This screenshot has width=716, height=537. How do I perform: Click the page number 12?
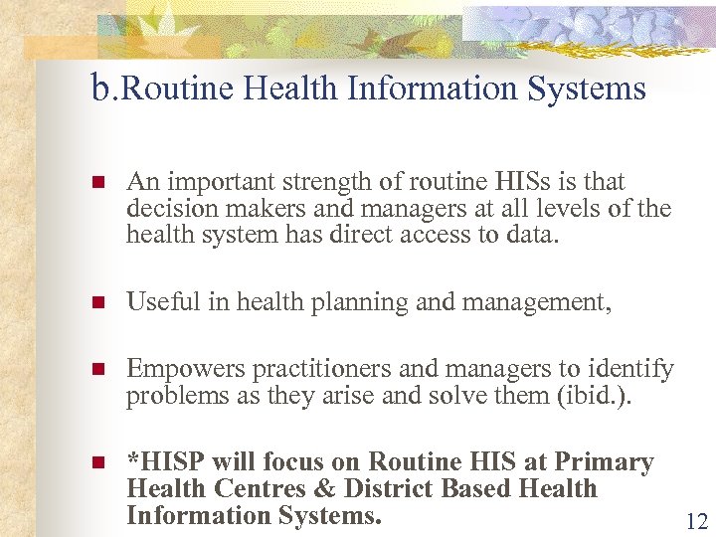coord(695,520)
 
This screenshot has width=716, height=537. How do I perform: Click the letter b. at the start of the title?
coord(103,89)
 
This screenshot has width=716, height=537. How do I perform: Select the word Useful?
coord(164,302)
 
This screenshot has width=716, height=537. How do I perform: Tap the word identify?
coord(634,370)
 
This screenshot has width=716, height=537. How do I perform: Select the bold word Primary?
coord(607,462)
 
